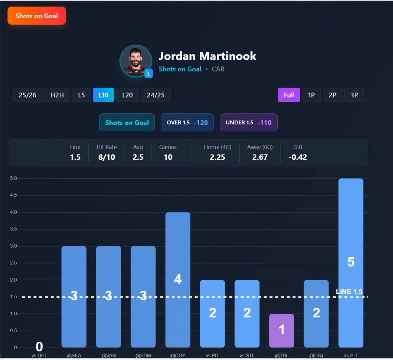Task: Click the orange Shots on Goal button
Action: [37, 16]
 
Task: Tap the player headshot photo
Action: [136, 61]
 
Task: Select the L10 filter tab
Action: [103, 95]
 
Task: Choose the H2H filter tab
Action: [57, 95]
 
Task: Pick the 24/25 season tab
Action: [155, 95]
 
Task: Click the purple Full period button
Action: [289, 95]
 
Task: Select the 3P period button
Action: [354, 95]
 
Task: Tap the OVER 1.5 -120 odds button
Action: [187, 122]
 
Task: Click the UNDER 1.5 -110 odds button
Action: [248, 122]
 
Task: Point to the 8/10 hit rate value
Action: [107, 157]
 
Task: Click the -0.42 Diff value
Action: [298, 157]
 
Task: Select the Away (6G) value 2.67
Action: [260, 157]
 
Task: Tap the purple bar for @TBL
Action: [282, 330]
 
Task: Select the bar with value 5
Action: [351, 262]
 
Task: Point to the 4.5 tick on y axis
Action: [13, 195]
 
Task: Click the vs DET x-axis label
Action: [39, 355]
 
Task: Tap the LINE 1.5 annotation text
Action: [349, 291]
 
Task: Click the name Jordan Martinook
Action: [207, 56]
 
